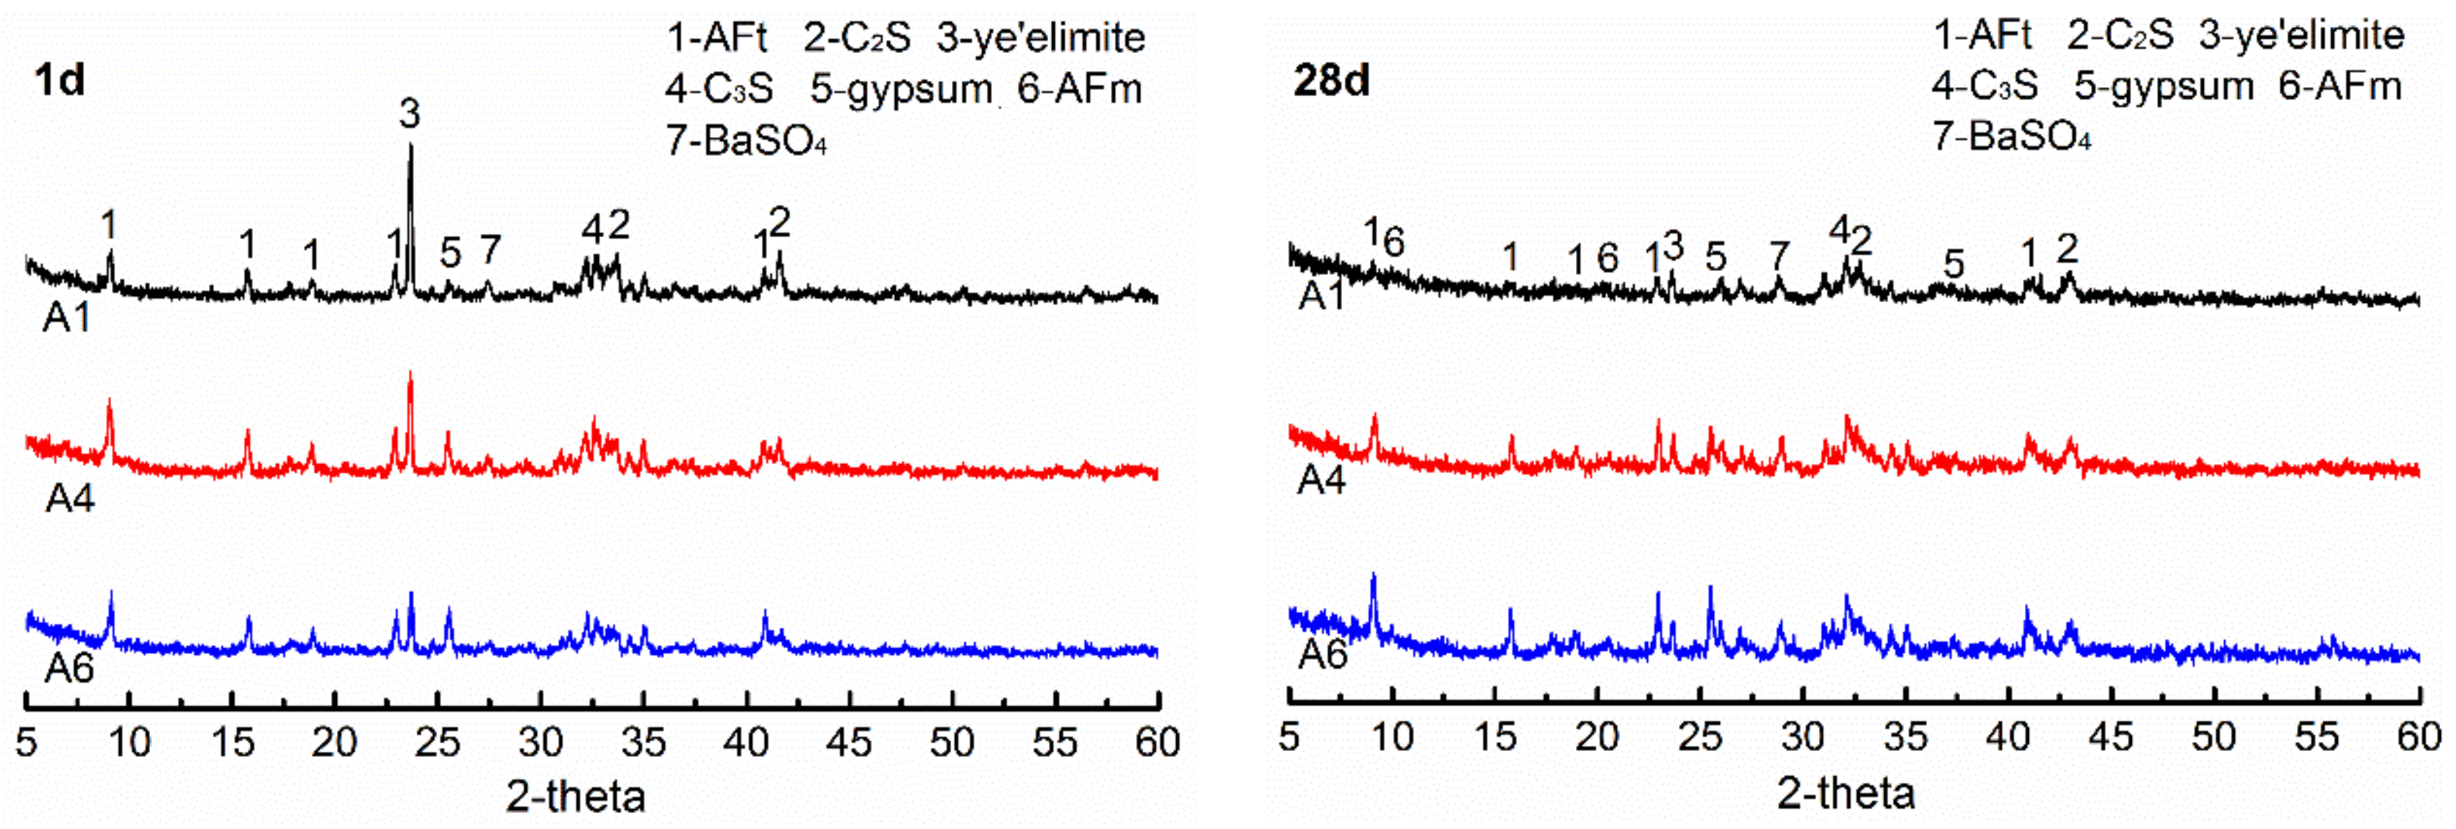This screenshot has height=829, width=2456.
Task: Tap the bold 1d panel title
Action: coord(59,80)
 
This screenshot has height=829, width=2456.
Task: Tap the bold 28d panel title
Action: coord(1331,80)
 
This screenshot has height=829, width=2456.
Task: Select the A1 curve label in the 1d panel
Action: coord(67,317)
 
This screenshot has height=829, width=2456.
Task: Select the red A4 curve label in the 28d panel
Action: coord(1322,482)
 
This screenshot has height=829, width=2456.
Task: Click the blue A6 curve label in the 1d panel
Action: coord(70,669)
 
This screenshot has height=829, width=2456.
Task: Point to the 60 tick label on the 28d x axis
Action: coord(2418,737)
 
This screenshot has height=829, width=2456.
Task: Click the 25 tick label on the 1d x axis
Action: coord(438,741)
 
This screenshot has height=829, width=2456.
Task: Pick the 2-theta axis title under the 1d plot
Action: coord(575,796)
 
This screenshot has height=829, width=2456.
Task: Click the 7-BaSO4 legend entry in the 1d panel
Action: coord(745,141)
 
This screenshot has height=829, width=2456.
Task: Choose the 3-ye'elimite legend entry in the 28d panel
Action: coord(2302,36)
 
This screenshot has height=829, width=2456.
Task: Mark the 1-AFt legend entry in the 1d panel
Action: coord(717,38)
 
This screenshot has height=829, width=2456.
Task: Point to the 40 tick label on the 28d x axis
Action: coord(2008,737)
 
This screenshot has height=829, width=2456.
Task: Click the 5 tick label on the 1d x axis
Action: coord(26,741)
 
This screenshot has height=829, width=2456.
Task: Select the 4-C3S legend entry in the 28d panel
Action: coord(1985,87)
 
